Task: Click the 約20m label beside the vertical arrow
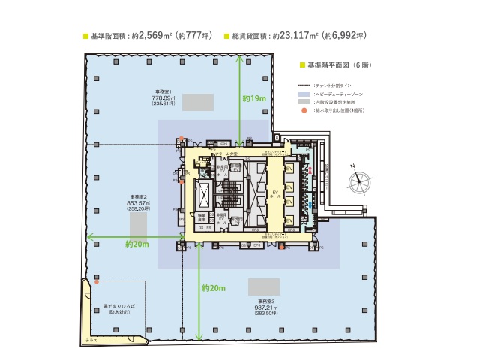[x=214, y=288]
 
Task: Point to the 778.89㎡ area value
[x=163, y=97]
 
